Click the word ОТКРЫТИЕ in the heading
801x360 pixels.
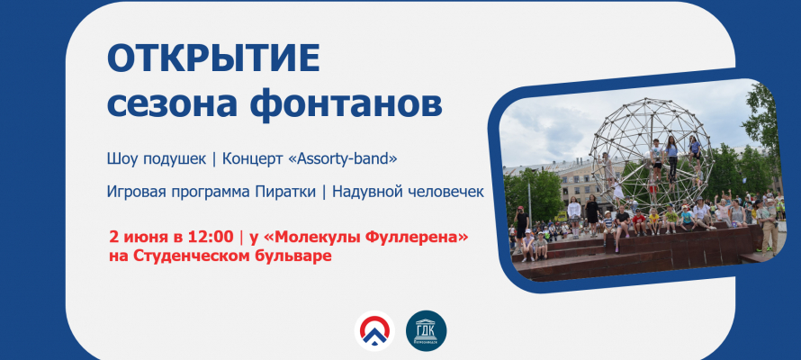(213, 58)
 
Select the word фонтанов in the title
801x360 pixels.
(346, 103)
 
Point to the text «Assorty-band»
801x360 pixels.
(343, 159)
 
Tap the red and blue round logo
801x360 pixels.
(374, 330)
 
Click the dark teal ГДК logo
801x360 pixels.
(426, 330)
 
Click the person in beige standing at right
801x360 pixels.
(767, 226)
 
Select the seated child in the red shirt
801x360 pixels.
(639, 222)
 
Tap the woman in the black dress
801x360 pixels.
(592, 213)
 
